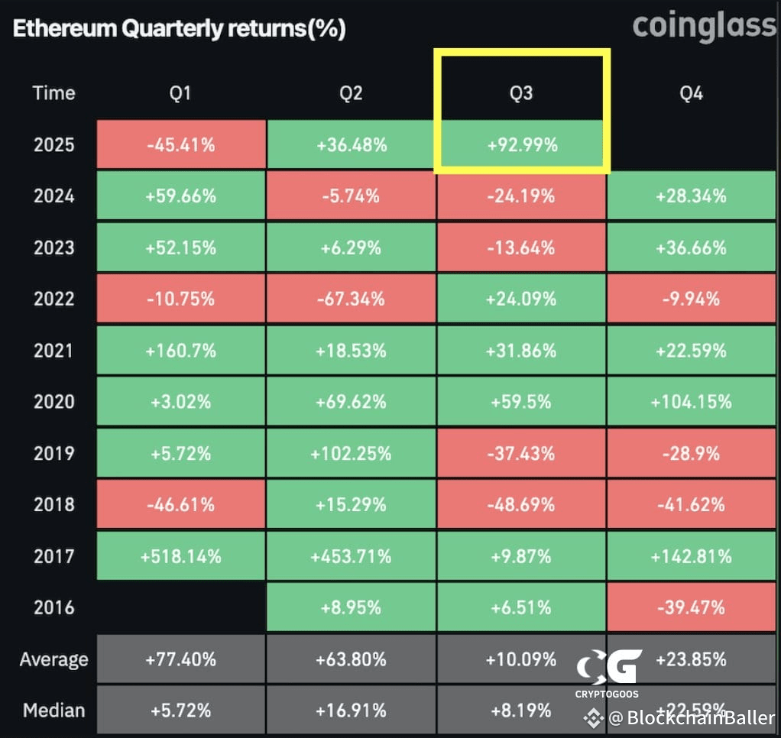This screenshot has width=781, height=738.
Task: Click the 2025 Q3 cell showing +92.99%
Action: pos(521,144)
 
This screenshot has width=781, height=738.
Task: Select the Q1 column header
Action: pos(180,93)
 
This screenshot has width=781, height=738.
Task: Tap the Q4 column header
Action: pos(691,93)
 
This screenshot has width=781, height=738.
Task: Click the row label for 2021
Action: pos(53,351)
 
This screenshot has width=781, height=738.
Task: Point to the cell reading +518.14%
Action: pos(181,555)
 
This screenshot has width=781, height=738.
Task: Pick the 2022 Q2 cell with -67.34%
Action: pos(352,299)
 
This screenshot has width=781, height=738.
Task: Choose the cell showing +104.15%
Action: pos(691,401)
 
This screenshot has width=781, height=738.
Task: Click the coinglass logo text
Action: pos(705,27)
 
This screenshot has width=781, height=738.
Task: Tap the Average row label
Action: pos(53,659)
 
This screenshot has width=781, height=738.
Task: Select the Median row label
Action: pos(53,710)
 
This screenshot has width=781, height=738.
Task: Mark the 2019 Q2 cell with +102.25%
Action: pos(352,453)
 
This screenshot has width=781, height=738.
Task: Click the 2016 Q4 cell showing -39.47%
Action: pos(691,607)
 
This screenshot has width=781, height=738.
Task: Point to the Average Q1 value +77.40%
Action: pos(181,659)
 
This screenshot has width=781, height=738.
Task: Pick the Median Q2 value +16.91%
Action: pos(352,710)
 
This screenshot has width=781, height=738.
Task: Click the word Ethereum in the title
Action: pos(65,28)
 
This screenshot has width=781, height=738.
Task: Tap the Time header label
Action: pos(53,93)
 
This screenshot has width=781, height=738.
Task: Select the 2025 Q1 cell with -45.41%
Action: pos(181,144)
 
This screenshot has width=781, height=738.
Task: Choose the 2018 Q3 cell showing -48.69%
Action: pos(521,504)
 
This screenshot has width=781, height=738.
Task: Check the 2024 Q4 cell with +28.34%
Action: pos(691,196)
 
